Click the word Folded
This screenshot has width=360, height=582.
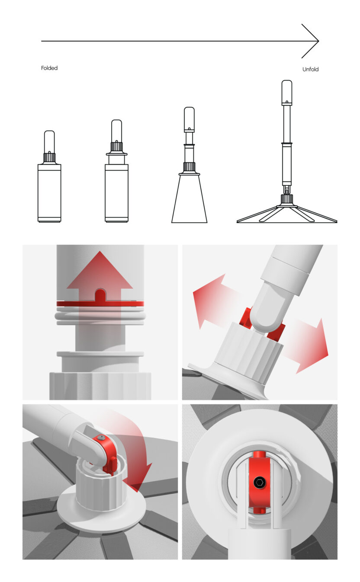(49, 68)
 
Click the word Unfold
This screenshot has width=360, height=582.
(310, 69)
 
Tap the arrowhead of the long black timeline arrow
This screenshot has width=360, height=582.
(310, 41)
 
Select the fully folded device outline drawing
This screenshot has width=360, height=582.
(49, 176)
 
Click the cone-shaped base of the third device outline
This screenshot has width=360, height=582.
(189, 198)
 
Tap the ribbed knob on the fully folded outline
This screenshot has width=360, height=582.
(49, 157)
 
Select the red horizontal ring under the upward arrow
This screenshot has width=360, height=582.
(100, 304)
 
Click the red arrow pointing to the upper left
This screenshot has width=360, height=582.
(216, 299)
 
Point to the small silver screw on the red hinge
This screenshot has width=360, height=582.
(101, 438)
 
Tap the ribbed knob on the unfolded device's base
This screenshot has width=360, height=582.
(287, 199)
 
